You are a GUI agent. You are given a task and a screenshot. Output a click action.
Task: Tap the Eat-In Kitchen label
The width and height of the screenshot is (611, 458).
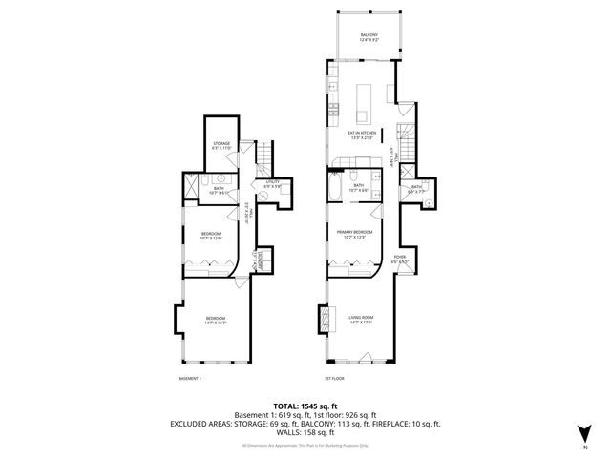point(362,135)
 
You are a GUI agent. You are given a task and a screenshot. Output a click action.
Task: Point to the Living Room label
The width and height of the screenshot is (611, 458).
point(361,319)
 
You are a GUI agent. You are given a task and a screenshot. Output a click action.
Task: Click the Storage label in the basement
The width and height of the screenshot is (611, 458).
point(221,144)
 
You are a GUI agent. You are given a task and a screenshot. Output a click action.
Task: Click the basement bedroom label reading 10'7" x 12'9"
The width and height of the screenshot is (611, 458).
point(211,236)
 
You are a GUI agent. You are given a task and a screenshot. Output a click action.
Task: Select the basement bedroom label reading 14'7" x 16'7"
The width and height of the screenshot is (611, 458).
point(215,322)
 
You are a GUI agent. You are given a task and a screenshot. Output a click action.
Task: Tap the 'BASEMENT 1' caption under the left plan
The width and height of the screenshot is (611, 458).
point(190,379)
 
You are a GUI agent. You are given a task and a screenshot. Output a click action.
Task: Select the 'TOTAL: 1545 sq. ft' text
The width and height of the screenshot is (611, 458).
point(305,406)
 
